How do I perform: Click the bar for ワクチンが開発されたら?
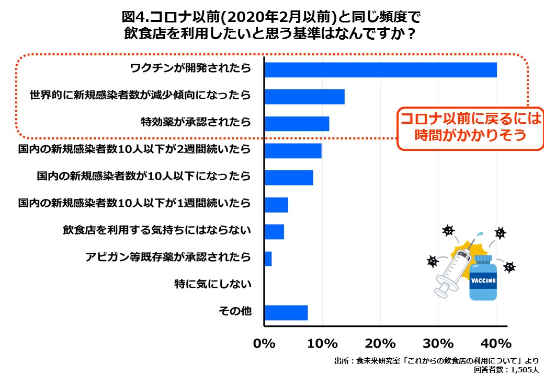click(x=380, y=69)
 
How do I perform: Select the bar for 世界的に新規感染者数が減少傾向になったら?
click(x=304, y=96)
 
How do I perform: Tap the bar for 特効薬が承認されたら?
click(x=297, y=123)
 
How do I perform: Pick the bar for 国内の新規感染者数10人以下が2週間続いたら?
click(x=292, y=150)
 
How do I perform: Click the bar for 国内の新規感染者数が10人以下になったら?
click(x=288, y=178)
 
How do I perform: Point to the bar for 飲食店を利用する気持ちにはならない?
click(x=274, y=231)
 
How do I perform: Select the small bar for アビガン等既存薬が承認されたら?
click(x=268, y=258)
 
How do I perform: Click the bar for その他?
click(x=286, y=313)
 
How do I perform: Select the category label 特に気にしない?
click(x=213, y=285)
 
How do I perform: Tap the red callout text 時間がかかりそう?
click(x=469, y=135)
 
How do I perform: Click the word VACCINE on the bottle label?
click(x=483, y=280)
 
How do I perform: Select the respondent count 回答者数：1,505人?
click(x=506, y=369)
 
